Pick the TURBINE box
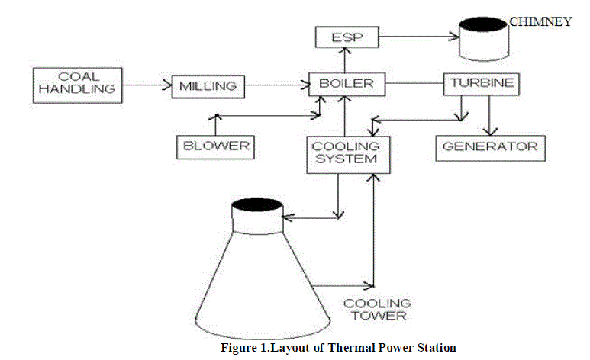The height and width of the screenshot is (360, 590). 481,83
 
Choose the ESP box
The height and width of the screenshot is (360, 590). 346,36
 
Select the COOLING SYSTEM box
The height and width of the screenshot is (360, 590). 343,151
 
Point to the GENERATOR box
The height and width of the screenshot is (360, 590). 491,146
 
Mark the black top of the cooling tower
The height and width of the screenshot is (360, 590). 257,204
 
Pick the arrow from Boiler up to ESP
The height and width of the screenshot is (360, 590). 345,59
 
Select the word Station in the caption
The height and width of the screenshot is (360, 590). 437,348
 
